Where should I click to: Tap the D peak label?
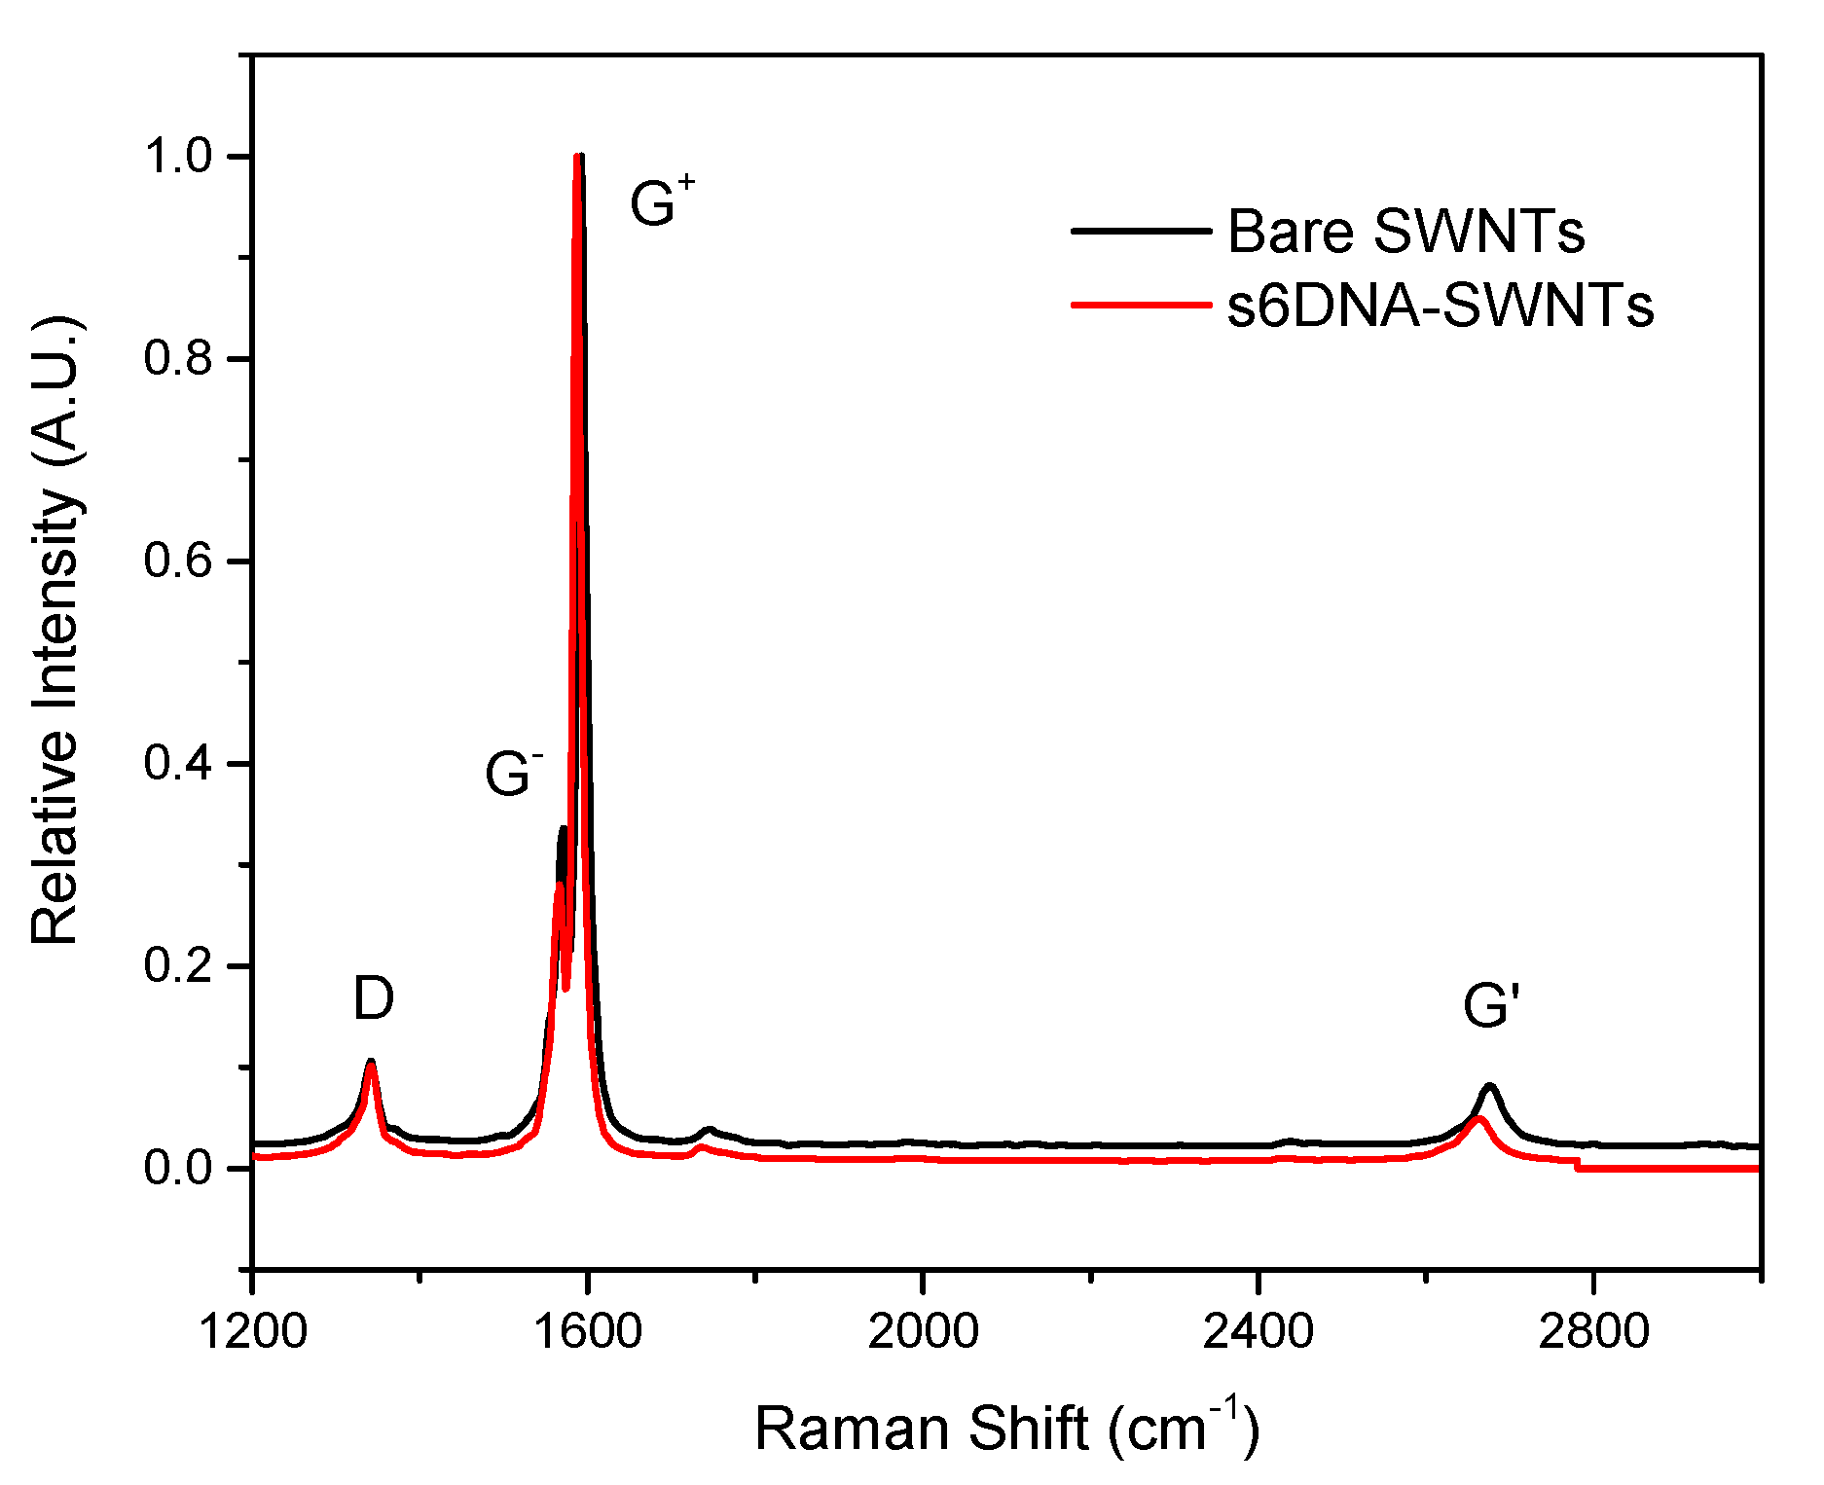point(374,998)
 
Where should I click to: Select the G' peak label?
point(1490,1005)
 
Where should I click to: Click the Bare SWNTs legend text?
point(1405,232)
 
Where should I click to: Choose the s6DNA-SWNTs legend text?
point(1440,305)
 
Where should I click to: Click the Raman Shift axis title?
point(1006,1428)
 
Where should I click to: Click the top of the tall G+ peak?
point(579,156)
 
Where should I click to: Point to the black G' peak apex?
point(1489,1085)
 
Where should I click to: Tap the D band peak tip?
point(371,1062)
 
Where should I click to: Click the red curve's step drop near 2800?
point(1577,1164)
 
